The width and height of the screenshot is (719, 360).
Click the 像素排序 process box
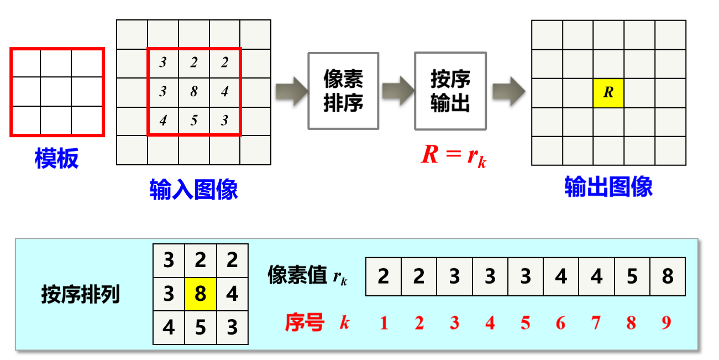(x=343, y=91)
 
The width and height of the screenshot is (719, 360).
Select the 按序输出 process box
(x=450, y=91)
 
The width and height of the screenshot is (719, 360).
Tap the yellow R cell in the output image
(x=608, y=93)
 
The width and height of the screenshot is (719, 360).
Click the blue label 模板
(x=56, y=158)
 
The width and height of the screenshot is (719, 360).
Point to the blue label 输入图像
(x=193, y=189)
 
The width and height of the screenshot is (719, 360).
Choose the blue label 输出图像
(x=608, y=187)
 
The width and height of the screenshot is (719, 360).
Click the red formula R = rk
(x=453, y=154)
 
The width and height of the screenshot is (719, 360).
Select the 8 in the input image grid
(x=193, y=92)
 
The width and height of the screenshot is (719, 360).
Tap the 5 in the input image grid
(x=193, y=121)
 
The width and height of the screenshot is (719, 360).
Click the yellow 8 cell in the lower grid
(x=200, y=294)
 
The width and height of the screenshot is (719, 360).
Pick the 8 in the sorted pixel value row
(x=667, y=276)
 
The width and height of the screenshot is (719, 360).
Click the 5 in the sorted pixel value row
(x=632, y=276)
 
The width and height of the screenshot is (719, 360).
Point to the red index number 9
(x=666, y=323)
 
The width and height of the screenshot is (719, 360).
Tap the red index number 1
(x=384, y=323)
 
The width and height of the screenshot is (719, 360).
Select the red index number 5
(x=525, y=323)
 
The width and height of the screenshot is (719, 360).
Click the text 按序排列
(x=80, y=295)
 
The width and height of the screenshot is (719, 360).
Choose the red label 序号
(x=305, y=322)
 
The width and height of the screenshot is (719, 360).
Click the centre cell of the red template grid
(x=56, y=92)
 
